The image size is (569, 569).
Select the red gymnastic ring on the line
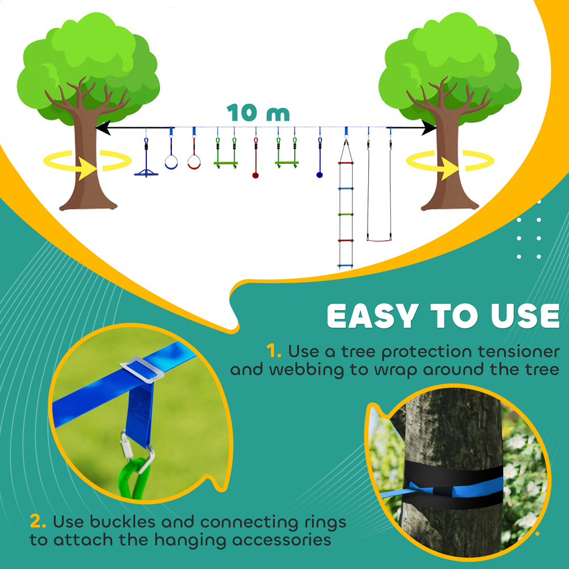[x=194, y=163]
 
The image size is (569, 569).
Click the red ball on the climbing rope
[x=255, y=175]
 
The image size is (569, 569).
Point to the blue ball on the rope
[x=320, y=175]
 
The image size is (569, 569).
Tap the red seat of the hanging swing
[x=379, y=240]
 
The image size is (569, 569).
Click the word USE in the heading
[x=520, y=316]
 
